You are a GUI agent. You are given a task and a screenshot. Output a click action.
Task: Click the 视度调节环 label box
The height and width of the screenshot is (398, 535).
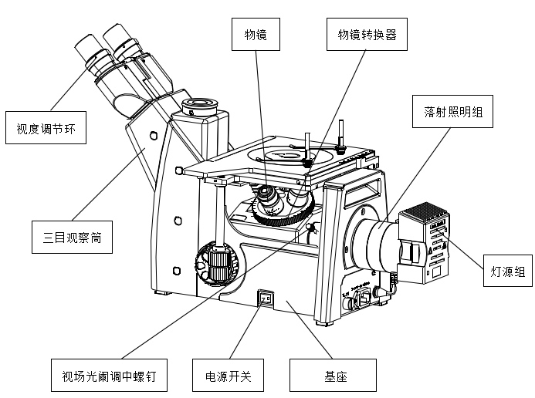point(45,128)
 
